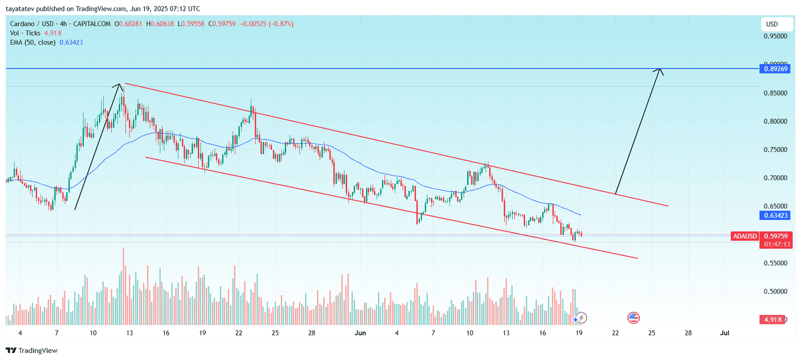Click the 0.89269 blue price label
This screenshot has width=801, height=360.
pos(775,69)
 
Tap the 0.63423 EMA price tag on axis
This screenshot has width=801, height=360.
pos(775,215)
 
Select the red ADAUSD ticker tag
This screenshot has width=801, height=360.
pos(744,236)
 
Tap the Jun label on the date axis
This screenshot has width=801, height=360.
pos(360,333)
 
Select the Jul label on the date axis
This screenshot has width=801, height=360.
pos(724,333)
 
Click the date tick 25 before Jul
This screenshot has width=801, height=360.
pos(652,333)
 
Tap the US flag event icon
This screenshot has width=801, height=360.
pos(633,317)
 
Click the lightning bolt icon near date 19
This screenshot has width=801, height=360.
pos(581,318)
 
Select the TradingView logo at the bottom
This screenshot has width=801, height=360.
pos(32,350)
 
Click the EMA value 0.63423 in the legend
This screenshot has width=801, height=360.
pos(71,43)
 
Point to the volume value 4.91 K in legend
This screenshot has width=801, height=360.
pos(53,33)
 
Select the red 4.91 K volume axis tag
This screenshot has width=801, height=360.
pos(773,319)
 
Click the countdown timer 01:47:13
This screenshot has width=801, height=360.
pos(777,244)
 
